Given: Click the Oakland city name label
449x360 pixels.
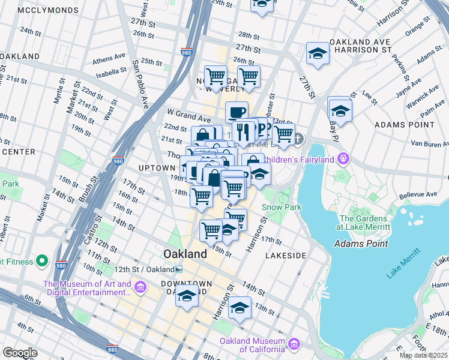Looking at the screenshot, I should point(185,254).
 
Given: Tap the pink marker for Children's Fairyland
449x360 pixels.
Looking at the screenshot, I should point(343,160).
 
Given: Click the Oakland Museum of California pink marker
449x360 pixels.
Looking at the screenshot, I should point(294,344).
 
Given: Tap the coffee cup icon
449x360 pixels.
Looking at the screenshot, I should point(237,112).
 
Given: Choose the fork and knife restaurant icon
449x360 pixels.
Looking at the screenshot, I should point(243,131).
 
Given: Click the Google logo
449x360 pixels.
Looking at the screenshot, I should point(20,352).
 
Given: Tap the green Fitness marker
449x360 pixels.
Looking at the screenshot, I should point(41,261).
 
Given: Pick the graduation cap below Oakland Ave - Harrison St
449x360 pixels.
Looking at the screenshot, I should point(318,54).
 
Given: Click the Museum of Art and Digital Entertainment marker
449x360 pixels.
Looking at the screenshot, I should point(140,288).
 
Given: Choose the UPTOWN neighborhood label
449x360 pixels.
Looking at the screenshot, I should point(157,167).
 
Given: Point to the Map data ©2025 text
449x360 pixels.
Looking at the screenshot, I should point(424,355).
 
